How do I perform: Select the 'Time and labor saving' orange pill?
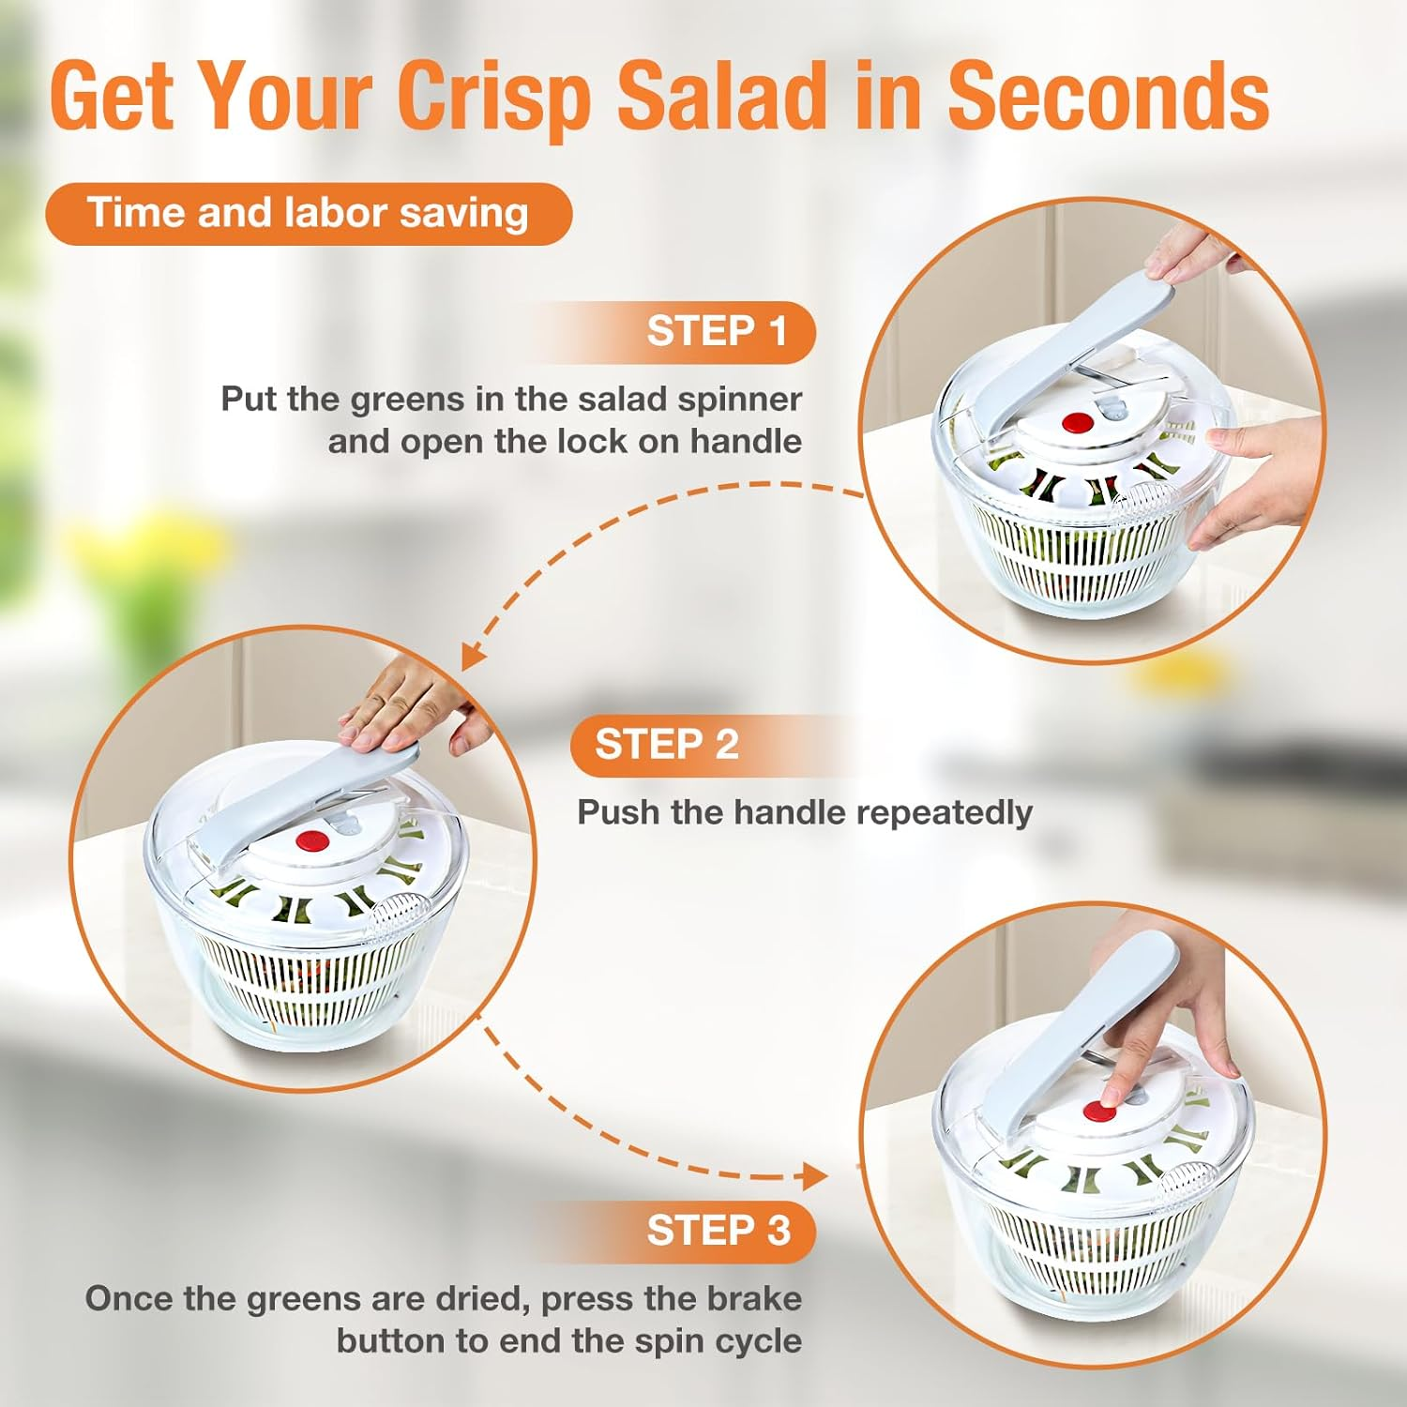click(x=309, y=214)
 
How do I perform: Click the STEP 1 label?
click(x=717, y=331)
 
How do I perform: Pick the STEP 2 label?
click(x=667, y=745)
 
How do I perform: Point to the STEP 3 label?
click(x=719, y=1230)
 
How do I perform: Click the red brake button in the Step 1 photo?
click(x=1079, y=423)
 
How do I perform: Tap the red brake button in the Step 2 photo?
click(x=312, y=841)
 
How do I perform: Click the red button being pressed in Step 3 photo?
click(x=1098, y=1112)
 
